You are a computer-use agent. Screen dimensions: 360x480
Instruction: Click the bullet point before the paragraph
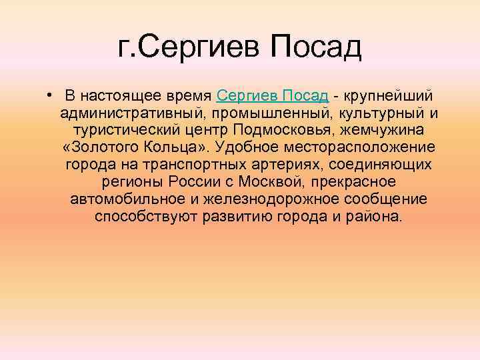pyautogui.click(x=51, y=91)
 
